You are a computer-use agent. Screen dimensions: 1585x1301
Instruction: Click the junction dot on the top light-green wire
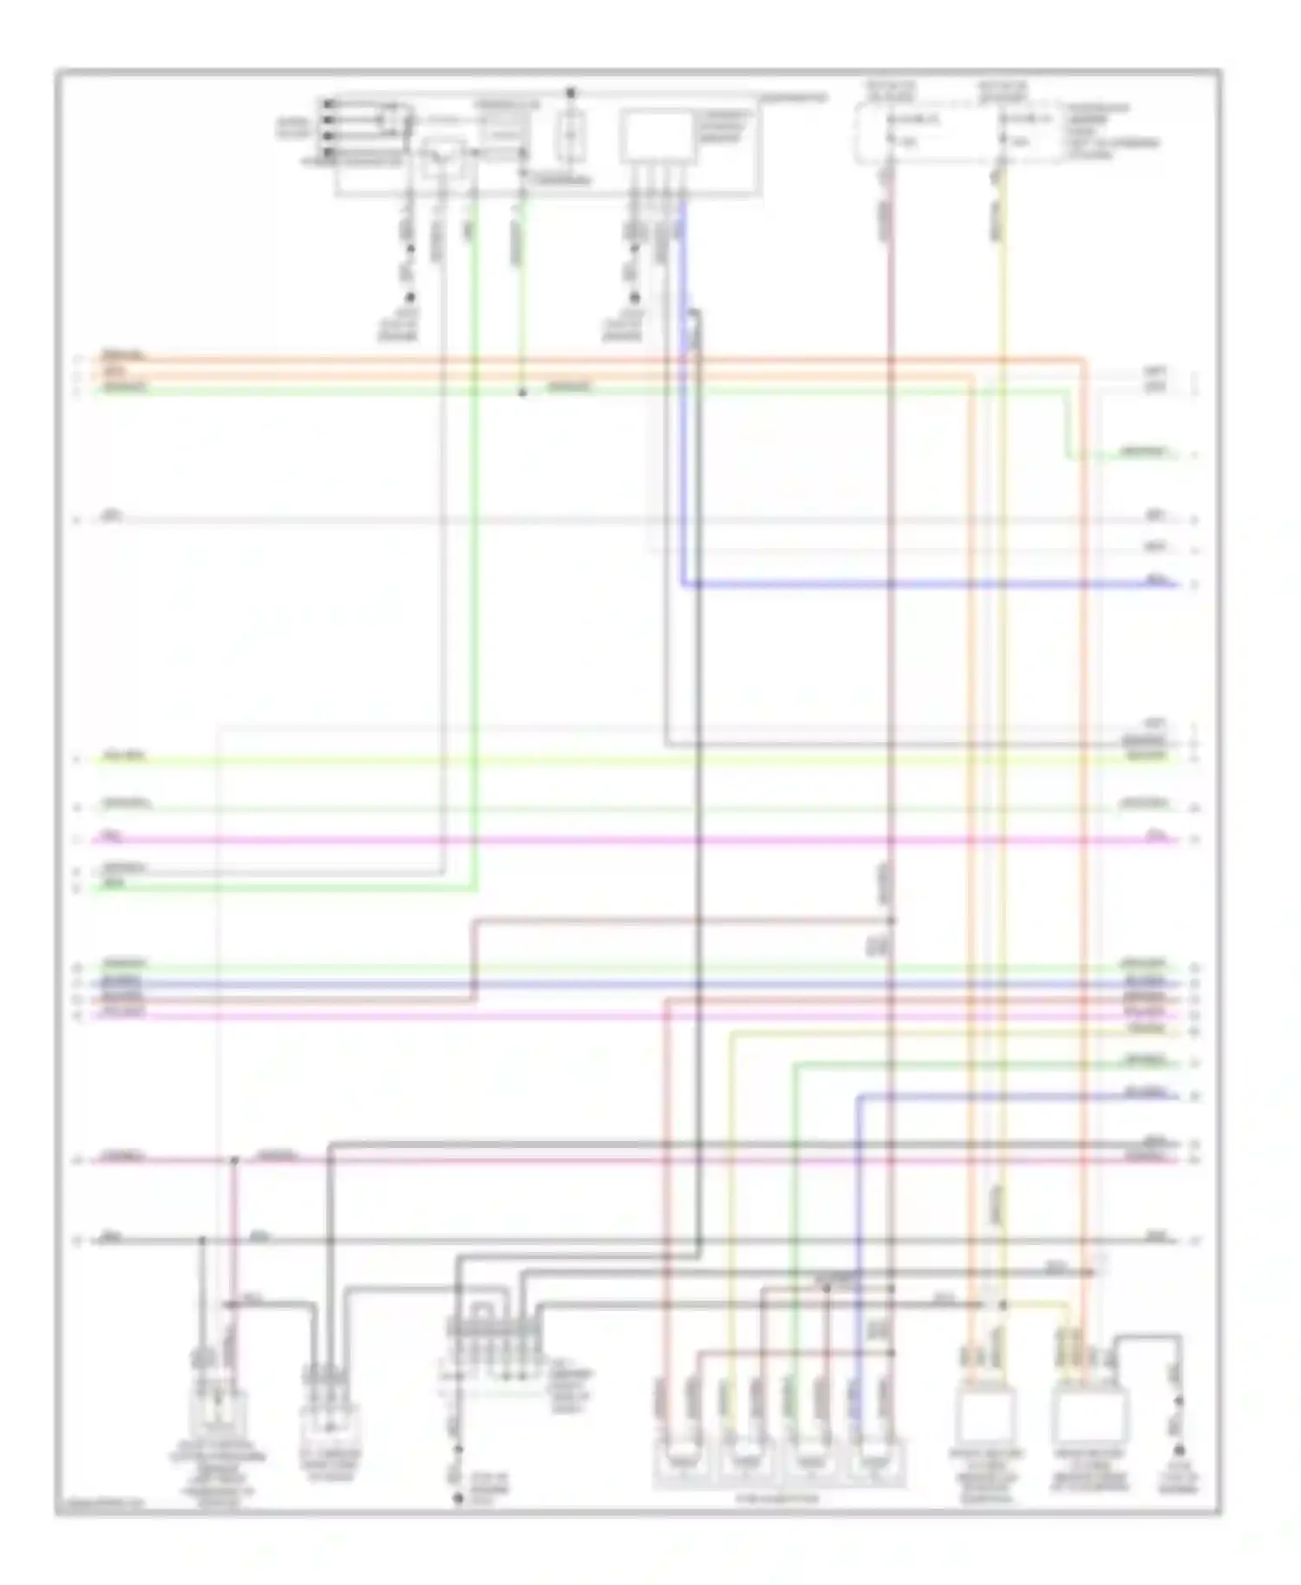click(x=522, y=393)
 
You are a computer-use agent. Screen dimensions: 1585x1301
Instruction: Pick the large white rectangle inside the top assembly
click(x=657, y=137)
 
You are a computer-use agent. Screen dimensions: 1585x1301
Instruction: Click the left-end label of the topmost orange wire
click(x=124, y=355)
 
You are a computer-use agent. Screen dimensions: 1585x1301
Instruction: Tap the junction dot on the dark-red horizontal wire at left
click(x=234, y=1159)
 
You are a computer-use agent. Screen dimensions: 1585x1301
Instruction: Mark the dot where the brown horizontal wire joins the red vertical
click(x=891, y=920)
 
